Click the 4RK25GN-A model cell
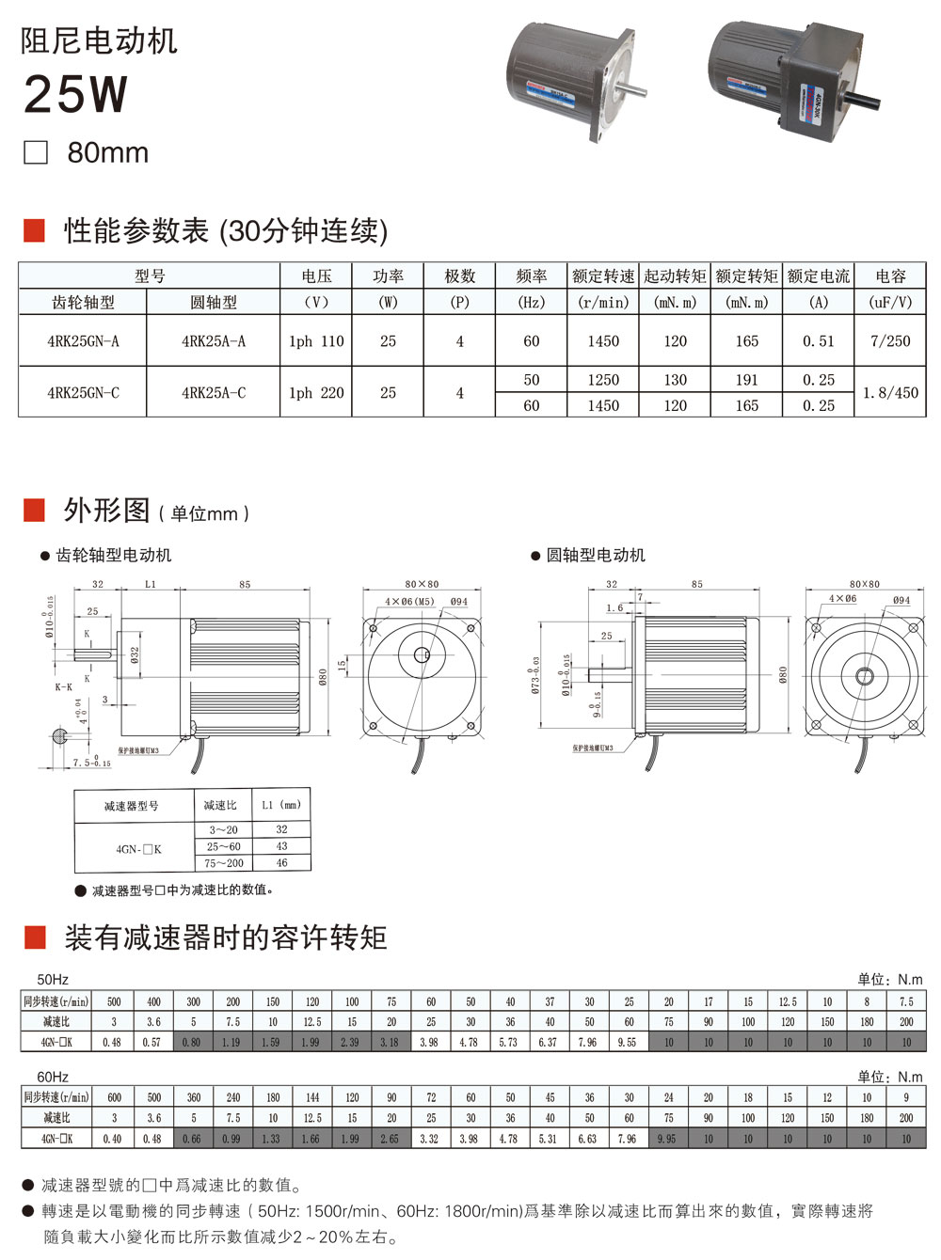pos(83,341)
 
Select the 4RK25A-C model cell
pos(214,392)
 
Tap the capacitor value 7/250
pos(890,341)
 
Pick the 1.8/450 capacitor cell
pos(890,393)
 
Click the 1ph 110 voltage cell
pos(316,341)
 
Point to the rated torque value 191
pos(747,380)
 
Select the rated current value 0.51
pos(819,341)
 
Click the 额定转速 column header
pos(603,276)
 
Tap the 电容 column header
pos(890,276)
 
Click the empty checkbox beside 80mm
pos(36,153)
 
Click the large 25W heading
pos(75,95)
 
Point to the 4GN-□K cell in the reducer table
pos(138,849)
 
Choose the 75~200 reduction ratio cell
pos(225,863)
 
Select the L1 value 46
pos(282,863)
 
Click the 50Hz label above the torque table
pos(53,979)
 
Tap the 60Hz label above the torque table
pos(53,1076)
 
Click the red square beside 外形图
pos(35,511)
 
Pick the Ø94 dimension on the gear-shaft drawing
pos(458,602)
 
